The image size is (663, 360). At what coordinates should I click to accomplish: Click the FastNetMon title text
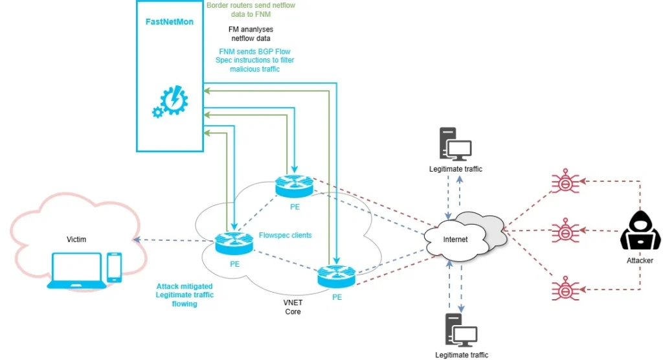click(x=169, y=22)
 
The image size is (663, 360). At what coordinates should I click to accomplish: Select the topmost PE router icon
click(x=293, y=186)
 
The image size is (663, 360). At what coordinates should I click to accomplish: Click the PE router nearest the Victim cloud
click(x=234, y=244)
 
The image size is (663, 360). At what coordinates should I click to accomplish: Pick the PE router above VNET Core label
click(x=336, y=276)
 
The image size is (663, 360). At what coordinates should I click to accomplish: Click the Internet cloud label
click(x=455, y=239)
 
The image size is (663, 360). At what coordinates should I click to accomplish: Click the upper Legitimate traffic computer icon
click(x=455, y=144)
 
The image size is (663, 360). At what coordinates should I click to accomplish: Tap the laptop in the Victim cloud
click(x=76, y=270)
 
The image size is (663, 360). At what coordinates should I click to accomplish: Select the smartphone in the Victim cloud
click(x=115, y=266)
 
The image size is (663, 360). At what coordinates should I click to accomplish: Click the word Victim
click(x=76, y=240)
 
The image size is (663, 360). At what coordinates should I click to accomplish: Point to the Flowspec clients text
click(x=285, y=235)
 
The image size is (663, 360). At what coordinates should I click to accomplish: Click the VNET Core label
click(x=293, y=307)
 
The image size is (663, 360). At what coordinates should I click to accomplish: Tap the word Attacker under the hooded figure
click(x=640, y=260)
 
